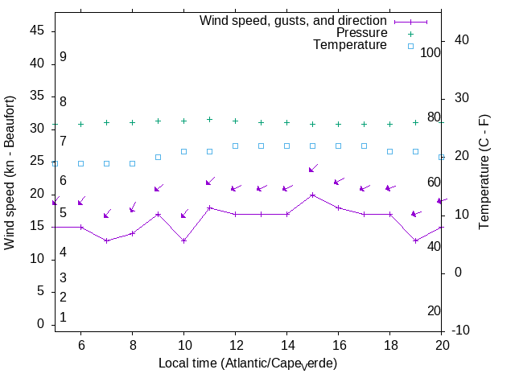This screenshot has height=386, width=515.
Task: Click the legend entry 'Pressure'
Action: point(361,33)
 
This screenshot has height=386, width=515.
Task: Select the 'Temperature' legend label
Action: point(350,45)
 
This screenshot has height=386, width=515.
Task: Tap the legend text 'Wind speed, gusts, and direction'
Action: point(294,21)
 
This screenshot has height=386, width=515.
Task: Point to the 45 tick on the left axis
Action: point(39,31)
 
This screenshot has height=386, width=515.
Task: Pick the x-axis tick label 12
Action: point(235,344)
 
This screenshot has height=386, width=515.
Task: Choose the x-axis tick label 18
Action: point(389,344)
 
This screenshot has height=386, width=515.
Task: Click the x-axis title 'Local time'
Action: point(247,363)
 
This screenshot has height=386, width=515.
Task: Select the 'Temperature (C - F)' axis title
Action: point(484,170)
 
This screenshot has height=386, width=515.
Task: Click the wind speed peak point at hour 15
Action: point(312,195)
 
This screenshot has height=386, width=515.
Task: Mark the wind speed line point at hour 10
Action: point(183,240)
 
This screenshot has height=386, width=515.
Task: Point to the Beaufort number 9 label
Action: point(63,57)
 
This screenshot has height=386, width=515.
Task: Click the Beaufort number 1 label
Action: point(63,318)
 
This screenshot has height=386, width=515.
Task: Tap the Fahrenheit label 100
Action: point(431,52)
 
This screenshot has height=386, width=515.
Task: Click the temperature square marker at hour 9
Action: point(158,157)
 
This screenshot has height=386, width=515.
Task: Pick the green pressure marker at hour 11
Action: point(209,119)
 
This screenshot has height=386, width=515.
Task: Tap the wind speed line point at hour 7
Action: point(106,240)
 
